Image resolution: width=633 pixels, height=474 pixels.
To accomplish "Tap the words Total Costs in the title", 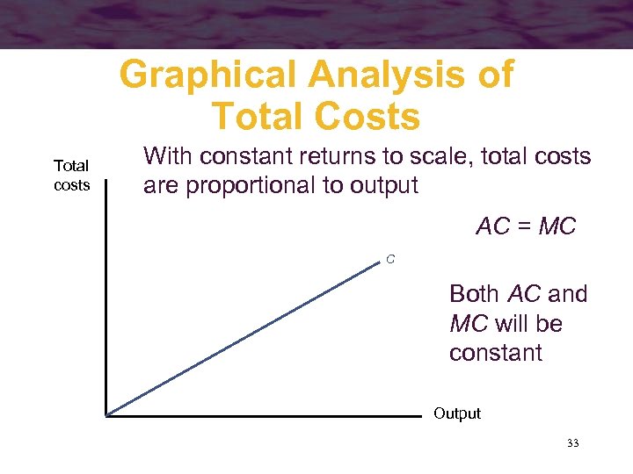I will (316, 116).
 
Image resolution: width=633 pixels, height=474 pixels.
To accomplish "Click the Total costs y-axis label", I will (71, 176).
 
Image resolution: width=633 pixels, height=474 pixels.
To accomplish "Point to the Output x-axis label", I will (457, 413).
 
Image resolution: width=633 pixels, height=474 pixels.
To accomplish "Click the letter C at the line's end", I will (389, 259).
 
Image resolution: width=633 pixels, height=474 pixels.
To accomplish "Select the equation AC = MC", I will (526, 226).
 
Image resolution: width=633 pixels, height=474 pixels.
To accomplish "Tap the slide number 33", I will (573, 444).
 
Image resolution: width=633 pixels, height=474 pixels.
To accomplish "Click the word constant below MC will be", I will (496, 353).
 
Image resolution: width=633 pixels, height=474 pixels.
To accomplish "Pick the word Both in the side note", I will (476, 294).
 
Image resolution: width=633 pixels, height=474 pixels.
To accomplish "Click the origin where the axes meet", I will (105, 414).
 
